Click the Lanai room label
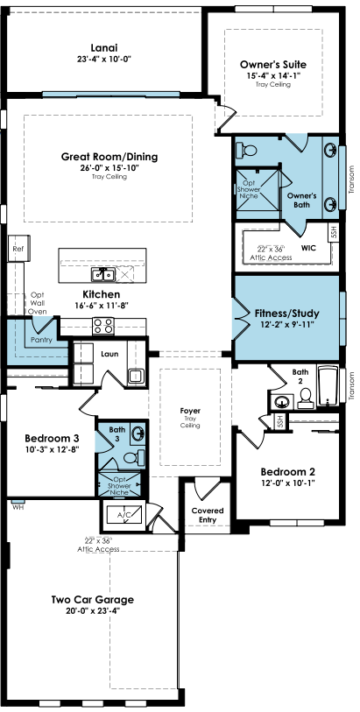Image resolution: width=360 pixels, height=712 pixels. pos(104,47)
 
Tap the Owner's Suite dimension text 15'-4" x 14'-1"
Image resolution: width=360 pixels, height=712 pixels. pos(273,76)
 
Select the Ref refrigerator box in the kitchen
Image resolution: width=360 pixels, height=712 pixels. pos(18,249)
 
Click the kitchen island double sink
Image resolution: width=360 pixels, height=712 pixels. pos(103,274)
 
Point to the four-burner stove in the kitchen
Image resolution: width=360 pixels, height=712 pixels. pos(103,326)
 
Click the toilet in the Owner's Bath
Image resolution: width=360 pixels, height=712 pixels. pos(246,150)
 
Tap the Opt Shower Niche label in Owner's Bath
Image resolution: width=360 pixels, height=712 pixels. pos(249,189)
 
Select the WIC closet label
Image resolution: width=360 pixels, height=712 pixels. pos(308,248)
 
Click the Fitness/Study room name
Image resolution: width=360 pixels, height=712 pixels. pos(286,314)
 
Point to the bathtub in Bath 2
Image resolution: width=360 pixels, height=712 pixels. pos(328,385)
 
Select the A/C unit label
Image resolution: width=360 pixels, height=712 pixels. pos(124,515)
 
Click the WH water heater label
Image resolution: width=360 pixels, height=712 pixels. pos(18,507)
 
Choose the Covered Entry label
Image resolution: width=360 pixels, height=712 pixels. pos(208,515)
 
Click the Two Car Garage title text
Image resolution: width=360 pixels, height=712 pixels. pos(93,599)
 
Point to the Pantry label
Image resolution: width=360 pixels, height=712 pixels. pos(41,340)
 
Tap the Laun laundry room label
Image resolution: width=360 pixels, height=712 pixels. pos(109,354)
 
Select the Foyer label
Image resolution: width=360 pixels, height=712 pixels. pos(190,411)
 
